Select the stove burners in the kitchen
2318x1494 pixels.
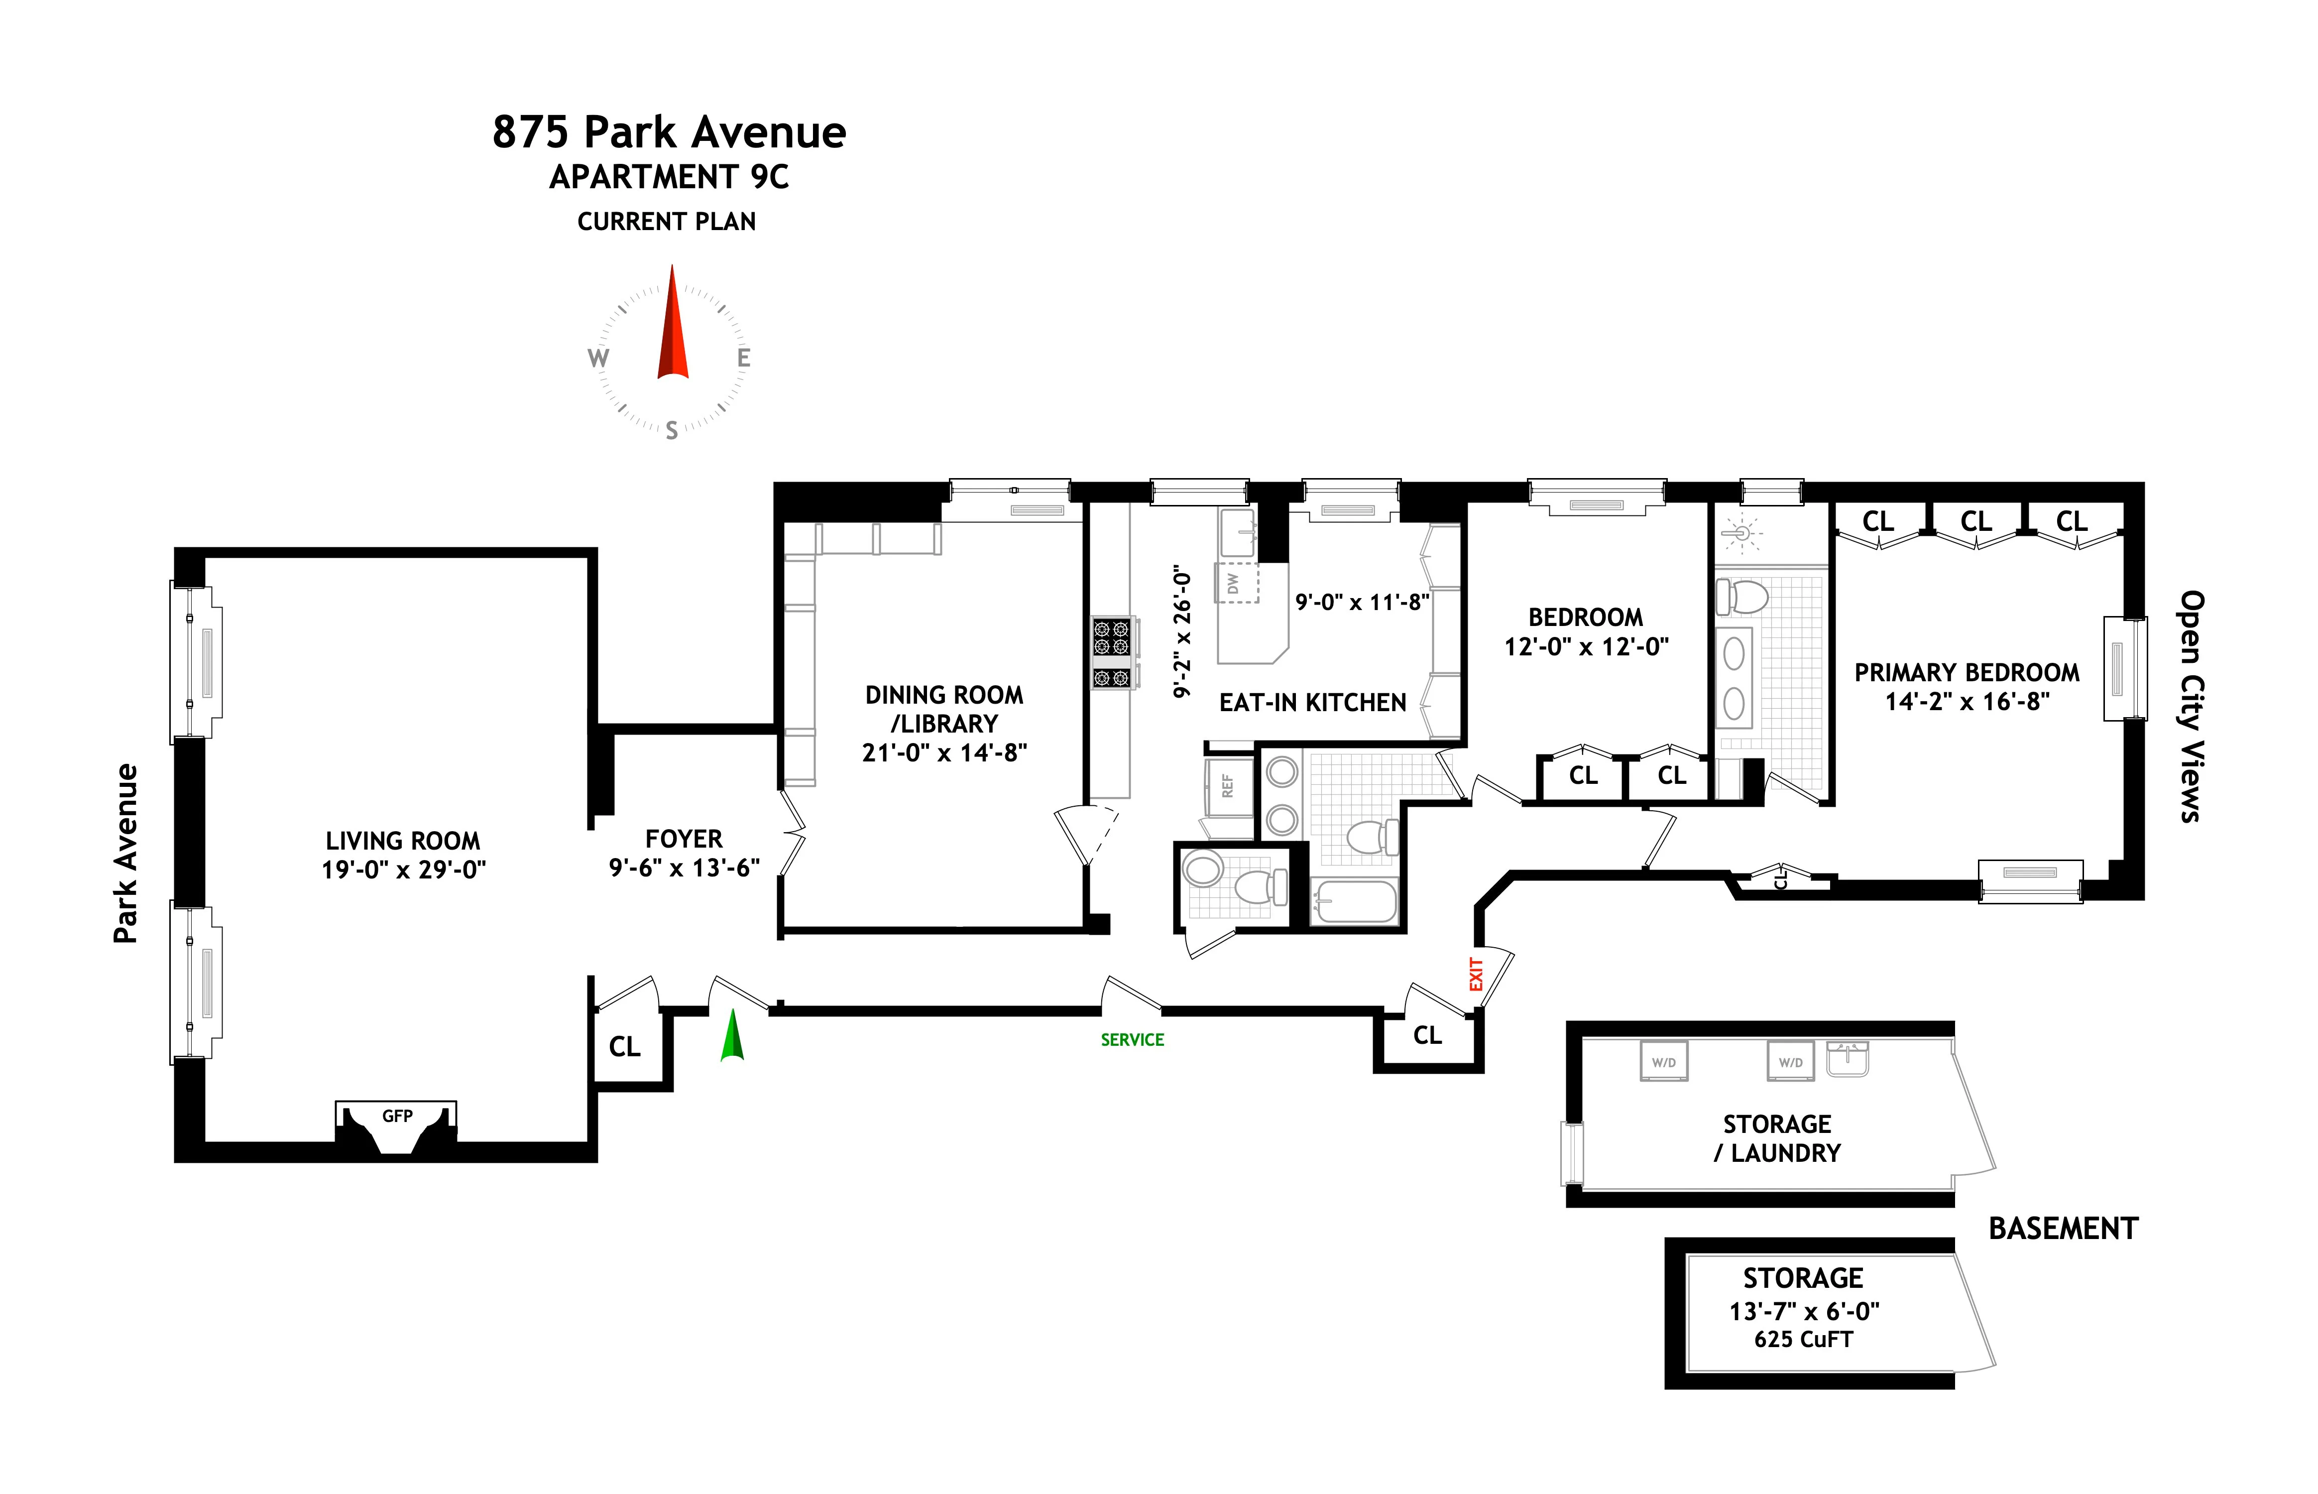pos(1112,652)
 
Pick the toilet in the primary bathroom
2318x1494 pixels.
pos(1743,596)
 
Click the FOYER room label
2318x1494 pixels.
pos(684,838)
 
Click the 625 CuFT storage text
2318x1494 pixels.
pos(1803,1340)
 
